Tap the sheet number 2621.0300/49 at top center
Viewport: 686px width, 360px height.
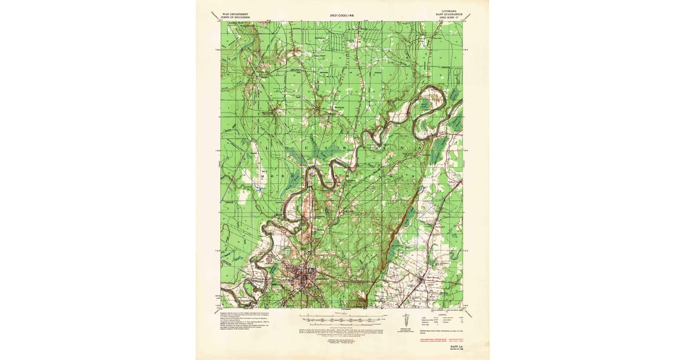coord(346,15)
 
